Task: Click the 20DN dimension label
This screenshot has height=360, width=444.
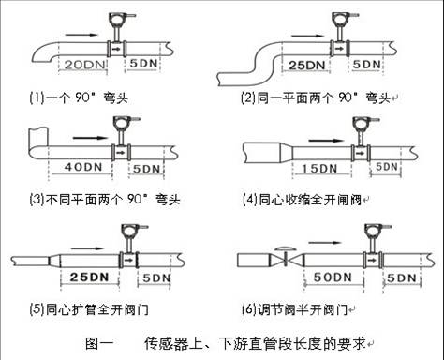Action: (84, 65)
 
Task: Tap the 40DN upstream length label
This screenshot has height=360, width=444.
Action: (83, 167)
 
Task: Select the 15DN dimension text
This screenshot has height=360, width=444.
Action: (319, 169)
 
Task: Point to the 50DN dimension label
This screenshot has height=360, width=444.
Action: (333, 277)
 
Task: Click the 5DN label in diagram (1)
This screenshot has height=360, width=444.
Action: (143, 64)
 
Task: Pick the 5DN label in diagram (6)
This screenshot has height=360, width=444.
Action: (402, 277)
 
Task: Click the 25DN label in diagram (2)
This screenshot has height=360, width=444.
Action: (306, 66)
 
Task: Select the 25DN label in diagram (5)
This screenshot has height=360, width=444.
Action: (89, 277)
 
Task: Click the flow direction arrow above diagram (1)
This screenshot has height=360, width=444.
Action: (81, 35)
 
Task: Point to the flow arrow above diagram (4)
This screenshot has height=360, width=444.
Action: (326, 141)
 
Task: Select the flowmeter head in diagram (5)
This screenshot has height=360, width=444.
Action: (130, 231)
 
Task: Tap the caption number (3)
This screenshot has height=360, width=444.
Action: (37, 199)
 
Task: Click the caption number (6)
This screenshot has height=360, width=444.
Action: (249, 309)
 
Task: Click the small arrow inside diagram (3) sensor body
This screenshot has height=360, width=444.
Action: (121, 153)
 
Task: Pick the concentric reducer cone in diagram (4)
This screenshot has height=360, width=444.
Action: (287, 153)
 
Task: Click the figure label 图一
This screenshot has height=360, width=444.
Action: (99, 343)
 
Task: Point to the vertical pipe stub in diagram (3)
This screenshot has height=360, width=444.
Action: (38, 137)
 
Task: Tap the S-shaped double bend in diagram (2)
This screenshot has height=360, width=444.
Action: (264, 64)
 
